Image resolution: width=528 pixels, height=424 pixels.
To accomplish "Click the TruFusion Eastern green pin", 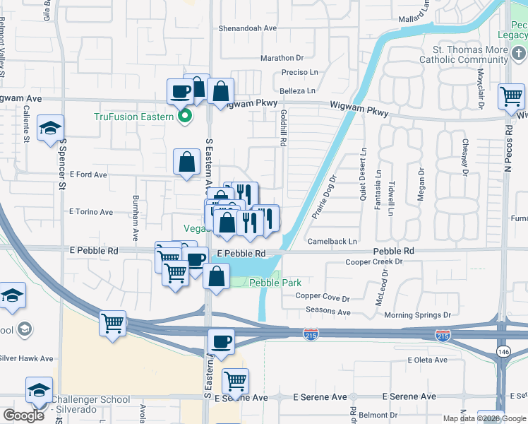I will (x=186, y=117).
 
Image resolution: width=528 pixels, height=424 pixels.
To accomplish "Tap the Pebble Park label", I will (x=276, y=283).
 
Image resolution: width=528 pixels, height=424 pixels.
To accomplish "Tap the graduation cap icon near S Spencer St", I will (x=51, y=129).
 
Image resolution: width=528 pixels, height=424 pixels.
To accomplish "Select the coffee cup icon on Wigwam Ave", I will (x=181, y=91).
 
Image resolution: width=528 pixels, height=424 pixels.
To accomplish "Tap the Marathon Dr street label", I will (x=282, y=58).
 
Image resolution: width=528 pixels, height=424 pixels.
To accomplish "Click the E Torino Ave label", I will (x=91, y=212).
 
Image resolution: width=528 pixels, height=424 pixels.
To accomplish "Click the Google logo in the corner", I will (x=24, y=416).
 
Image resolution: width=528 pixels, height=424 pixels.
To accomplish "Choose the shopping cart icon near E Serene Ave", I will (x=235, y=381).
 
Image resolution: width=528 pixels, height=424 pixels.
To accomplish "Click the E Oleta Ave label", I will (x=428, y=360).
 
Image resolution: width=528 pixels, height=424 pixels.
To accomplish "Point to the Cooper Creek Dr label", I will (x=373, y=262).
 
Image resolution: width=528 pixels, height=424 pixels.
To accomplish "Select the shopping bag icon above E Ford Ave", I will (x=186, y=161).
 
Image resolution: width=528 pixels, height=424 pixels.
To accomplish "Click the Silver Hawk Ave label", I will (x=26, y=358).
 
